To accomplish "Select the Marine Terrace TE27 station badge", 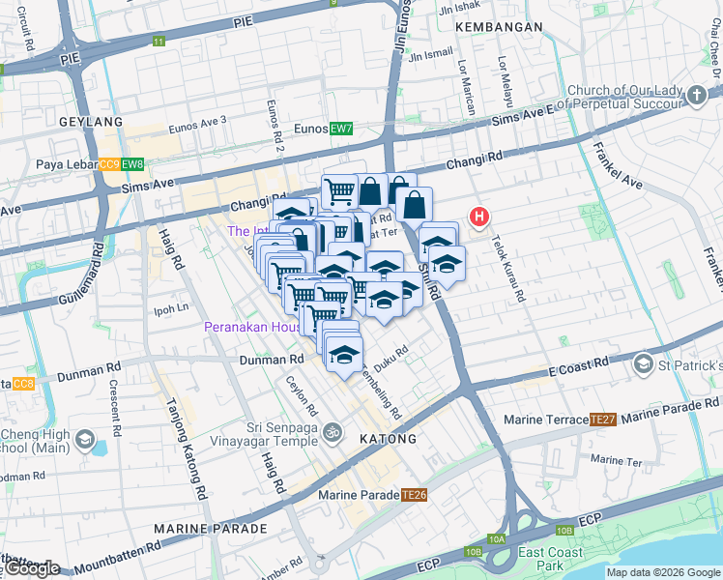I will click(x=603, y=420).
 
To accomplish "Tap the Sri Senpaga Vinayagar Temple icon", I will click(x=333, y=431).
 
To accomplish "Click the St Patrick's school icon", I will click(x=643, y=364).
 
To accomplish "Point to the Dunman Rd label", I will click(x=272, y=360).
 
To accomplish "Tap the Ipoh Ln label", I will click(x=170, y=309).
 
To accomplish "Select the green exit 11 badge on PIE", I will click(x=159, y=42).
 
